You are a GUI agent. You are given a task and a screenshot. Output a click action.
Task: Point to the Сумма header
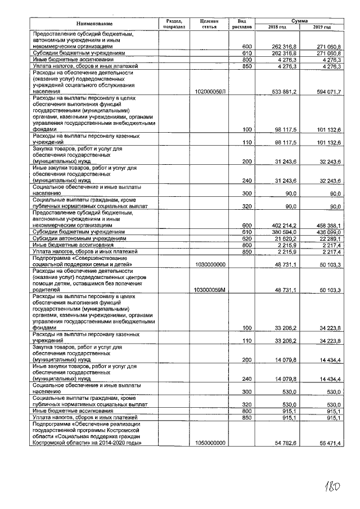pos(298,19)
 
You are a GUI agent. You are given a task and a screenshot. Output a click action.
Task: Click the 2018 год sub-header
pos(277,27)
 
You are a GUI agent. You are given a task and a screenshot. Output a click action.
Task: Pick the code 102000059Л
pos(210,91)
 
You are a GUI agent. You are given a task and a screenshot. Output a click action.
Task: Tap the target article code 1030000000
pos(210,264)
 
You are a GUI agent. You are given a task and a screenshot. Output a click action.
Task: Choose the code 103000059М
pos(210,290)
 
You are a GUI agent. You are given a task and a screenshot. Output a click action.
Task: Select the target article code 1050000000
pos(210,444)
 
